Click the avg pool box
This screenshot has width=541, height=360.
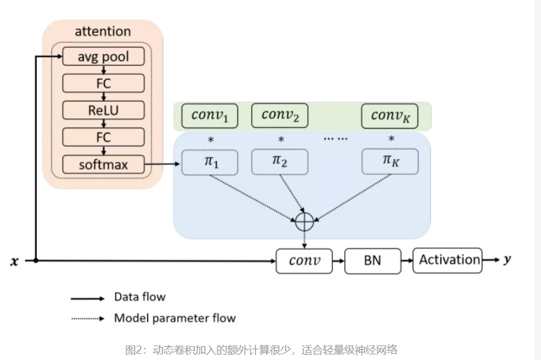click(x=103, y=57)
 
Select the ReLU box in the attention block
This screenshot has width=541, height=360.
click(x=103, y=110)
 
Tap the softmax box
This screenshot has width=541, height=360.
click(x=103, y=165)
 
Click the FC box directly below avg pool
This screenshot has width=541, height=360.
click(x=103, y=83)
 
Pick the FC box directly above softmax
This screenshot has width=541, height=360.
click(x=103, y=137)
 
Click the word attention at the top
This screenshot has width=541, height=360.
click(x=103, y=31)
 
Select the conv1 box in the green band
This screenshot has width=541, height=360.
click(x=209, y=115)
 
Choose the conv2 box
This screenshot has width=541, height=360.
click(x=280, y=115)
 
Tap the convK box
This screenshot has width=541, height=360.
click(x=390, y=115)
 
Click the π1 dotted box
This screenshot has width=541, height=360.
click(x=209, y=162)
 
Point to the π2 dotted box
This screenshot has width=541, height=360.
click(x=280, y=162)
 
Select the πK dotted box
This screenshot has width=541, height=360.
click(x=390, y=162)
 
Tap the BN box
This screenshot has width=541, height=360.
click(x=373, y=260)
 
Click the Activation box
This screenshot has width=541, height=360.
click(x=448, y=260)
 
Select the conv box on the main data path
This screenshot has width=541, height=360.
click(x=305, y=260)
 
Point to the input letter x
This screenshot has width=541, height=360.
click(x=14, y=261)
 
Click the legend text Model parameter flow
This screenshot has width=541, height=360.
click(x=175, y=318)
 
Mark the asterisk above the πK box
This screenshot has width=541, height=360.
click(x=391, y=139)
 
